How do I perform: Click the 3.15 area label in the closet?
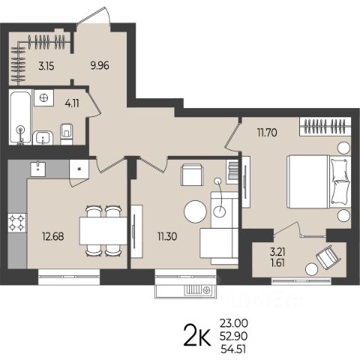pyautogui.click(x=46, y=66)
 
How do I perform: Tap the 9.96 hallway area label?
pyautogui.click(x=100, y=66)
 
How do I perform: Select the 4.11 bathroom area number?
pyautogui.click(x=72, y=103)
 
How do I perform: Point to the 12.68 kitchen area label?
pyautogui.click(x=53, y=236)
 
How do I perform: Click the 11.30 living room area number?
pyautogui.click(x=167, y=236)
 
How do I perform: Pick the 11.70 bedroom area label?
pyautogui.click(x=267, y=132)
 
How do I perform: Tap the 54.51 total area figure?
pyautogui.click(x=233, y=349)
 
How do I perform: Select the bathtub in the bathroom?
pyautogui.click(x=20, y=117)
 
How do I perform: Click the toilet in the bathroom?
pyautogui.click(x=67, y=133)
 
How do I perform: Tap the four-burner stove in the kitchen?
pyautogui.click(x=17, y=223)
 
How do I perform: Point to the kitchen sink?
pyautogui.click(x=38, y=169)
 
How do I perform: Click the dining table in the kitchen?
pyautogui.click(x=103, y=231)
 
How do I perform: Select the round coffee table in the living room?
pyautogui.click(x=195, y=211)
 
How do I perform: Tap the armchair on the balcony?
pyautogui.click(x=328, y=257)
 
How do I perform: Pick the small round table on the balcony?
pyautogui.click(x=311, y=269)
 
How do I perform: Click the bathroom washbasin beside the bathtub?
pyautogui.click(x=43, y=137)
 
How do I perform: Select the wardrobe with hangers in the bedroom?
pyautogui.click(x=325, y=126)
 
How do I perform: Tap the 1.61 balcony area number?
pyautogui.click(x=277, y=262)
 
